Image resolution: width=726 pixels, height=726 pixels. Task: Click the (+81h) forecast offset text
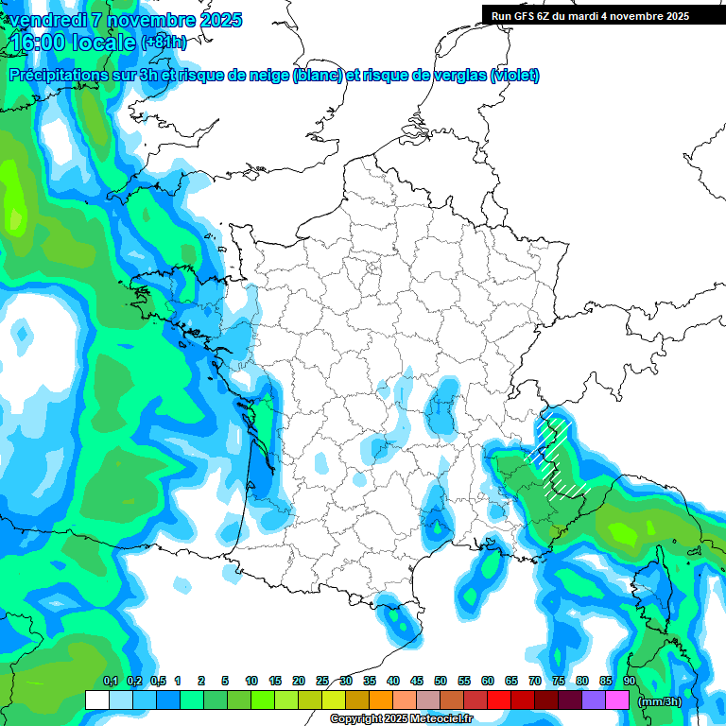164,43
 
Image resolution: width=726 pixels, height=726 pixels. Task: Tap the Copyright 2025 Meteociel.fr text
401,719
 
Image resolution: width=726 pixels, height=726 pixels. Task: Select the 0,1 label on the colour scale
110,682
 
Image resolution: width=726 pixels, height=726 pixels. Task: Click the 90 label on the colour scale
630,682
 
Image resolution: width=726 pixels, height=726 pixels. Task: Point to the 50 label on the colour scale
441,682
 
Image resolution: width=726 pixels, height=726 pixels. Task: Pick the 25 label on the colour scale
322,682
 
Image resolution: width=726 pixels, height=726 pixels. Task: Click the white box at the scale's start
96,700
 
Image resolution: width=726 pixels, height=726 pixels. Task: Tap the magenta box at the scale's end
617,700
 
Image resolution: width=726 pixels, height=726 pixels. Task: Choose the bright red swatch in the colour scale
499,700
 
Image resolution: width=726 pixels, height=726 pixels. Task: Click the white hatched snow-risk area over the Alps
558,454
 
